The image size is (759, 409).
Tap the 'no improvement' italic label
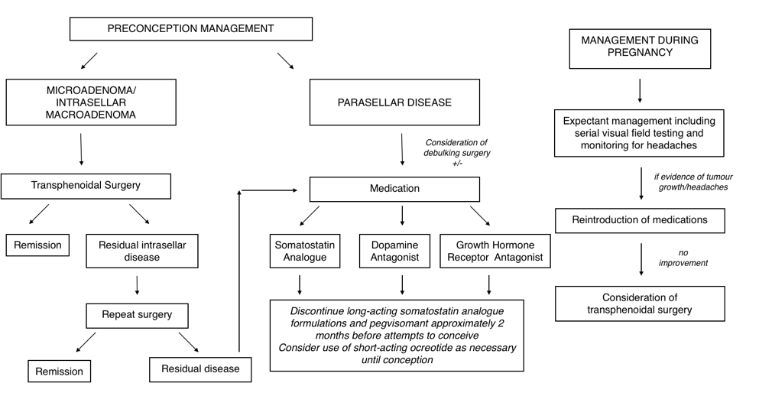683,258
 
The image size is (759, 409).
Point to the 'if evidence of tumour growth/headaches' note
693,182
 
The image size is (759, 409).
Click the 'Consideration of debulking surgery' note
457,148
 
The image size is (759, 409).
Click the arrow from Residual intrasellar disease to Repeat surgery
138,286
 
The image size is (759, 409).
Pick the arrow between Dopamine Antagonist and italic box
402,285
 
